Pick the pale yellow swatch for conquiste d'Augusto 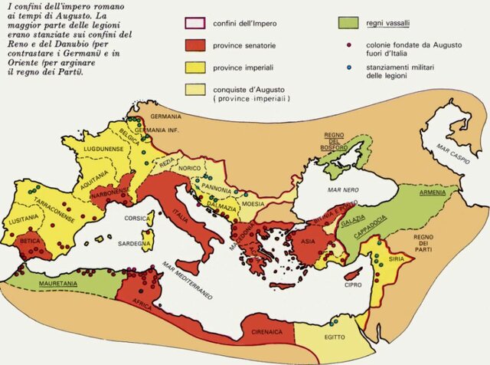tap(197, 90)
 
